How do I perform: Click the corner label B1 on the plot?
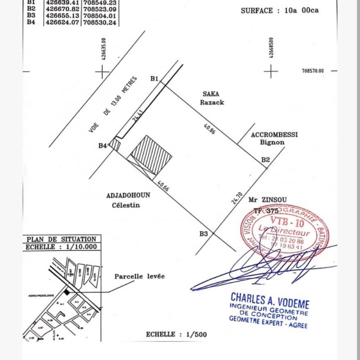(155, 78)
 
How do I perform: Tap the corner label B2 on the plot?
(265, 160)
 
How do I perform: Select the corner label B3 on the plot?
(204, 234)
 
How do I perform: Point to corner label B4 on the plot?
(102, 146)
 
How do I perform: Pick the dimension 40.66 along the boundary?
(163, 186)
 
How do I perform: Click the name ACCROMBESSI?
(274, 135)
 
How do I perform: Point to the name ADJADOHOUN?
(128, 195)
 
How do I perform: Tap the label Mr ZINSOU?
(268, 199)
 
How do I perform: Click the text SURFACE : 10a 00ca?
(279, 10)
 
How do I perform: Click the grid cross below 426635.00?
(102, 72)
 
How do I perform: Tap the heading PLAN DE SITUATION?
(61, 239)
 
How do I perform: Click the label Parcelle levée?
(139, 276)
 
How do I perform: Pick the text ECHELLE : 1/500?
(176, 335)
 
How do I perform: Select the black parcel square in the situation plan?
(67, 292)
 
